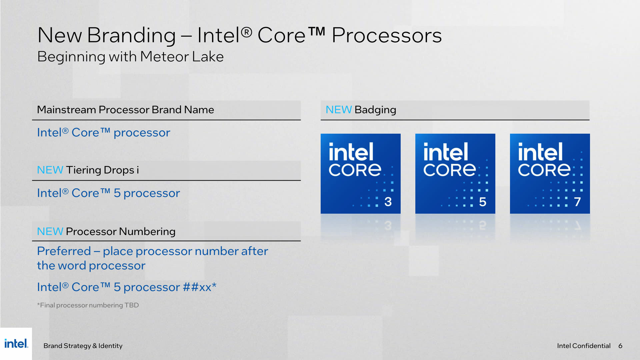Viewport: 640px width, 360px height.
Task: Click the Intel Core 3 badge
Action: click(360, 173)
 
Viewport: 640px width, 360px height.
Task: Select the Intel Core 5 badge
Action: click(455, 173)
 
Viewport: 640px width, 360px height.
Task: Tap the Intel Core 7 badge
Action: click(550, 173)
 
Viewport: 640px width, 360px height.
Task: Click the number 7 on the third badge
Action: click(577, 202)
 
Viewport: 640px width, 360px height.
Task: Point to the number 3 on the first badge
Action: click(388, 202)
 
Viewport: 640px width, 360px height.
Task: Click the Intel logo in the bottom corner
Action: click(16, 343)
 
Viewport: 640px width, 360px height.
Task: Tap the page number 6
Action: click(620, 346)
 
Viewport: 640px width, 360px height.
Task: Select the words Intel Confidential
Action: click(584, 346)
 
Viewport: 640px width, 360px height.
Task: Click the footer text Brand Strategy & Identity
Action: click(83, 346)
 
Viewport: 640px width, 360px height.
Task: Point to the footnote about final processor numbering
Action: click(88, 305)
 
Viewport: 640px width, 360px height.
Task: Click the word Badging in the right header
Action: click(375, 110)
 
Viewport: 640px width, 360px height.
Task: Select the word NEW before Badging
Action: click(338, 110)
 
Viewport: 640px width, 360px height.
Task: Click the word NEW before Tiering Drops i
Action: click(50, 170)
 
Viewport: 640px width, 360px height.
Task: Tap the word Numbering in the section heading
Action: click(147, 231)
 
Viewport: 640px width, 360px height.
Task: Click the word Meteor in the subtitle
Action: click(165, 57)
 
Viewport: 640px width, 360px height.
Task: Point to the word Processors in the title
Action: click(387, 35)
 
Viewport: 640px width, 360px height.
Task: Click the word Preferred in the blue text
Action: click(64, 251)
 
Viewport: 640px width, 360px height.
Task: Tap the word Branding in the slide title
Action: click(131, 35)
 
